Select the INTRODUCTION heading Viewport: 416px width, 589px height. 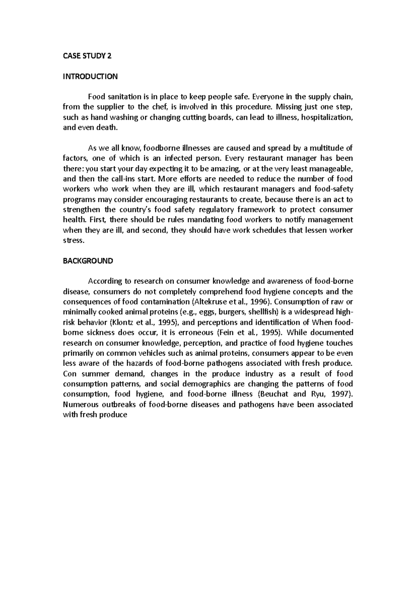[x=90, y=76]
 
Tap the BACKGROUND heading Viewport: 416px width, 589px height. [x=88, y=261]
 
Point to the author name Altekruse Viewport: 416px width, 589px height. [x=251, y=301]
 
